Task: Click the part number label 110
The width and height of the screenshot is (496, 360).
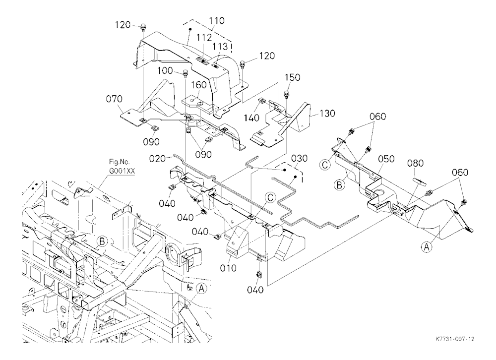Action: [x=217, y=21]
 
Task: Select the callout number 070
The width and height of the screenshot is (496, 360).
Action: [x=114, y=99]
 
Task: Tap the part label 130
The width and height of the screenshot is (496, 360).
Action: [x=327, y=113]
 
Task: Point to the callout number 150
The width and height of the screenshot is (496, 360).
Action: [x=292, y=77]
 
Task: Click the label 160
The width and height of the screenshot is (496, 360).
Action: [x=199, y=85]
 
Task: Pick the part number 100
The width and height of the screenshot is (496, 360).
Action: [x=165, y=70]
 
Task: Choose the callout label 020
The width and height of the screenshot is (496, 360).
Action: [x=158, y=159]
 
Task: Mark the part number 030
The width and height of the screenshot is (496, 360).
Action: [x=299, y=159]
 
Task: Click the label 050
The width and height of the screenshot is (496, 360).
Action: [x=386, y=159]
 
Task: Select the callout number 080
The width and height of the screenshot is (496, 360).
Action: [x=415, y=164]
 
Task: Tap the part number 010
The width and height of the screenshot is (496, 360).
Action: [x=228, y=268]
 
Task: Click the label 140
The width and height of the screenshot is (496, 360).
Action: [x=251, y=118]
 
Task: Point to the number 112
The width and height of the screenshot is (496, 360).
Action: [x=204, y=38]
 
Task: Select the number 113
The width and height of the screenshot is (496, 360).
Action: [x=220, y=47]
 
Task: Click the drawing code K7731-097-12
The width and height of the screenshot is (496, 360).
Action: [x=455, y=339]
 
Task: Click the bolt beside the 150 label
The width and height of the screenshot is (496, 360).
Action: [x=287, y=94]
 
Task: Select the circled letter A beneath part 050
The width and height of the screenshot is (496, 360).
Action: [x=427, y=247]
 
